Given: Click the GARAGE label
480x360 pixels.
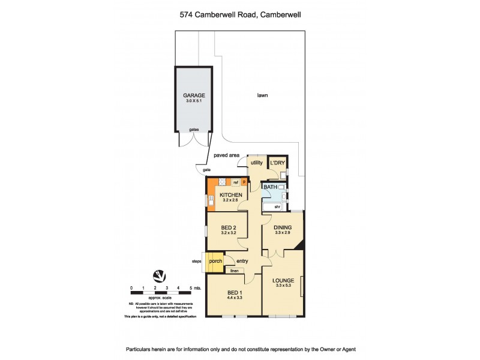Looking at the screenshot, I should tap(194, 95).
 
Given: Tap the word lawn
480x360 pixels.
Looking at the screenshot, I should tap(262, 95).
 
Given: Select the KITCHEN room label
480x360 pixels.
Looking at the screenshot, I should tap(230, 196).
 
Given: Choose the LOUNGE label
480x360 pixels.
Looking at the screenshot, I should tap(282, 280).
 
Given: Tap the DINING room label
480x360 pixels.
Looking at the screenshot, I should tap(283, 227).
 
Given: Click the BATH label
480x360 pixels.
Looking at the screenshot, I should tap(271, 187).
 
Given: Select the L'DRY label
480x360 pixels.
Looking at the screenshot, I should tap(277, 163).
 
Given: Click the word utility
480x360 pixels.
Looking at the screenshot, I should tap(257, 163).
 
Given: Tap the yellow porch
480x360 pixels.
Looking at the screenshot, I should tap(215, 261).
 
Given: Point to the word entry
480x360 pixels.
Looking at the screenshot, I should tap(242, 261).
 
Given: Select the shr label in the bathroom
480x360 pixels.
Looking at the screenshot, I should tap(277, 207).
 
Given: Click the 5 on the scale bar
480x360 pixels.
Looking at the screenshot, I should tap(191, 289).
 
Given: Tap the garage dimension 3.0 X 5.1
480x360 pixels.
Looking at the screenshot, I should tap(194, 101).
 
